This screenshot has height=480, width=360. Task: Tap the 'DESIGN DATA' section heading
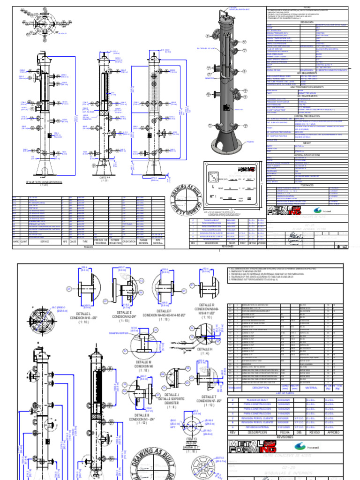tap(307, 22)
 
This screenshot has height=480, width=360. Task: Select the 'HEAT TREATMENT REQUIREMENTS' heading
tap(307, 87)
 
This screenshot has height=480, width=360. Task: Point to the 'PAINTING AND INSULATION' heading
tap(307, 115)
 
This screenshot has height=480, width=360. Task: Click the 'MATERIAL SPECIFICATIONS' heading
tap(307, 154)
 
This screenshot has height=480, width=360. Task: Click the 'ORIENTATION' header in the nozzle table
tap(128, 241)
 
